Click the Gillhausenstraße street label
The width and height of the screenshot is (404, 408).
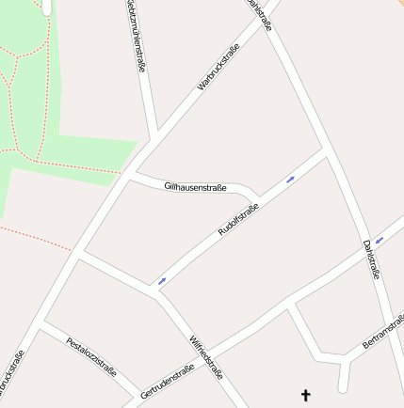pyautogui.click(x=195, y=188)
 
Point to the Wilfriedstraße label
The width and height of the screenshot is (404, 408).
pyautogui.click(x=206, y=356)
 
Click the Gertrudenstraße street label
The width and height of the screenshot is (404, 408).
pyautogui.click(x=167, y=382)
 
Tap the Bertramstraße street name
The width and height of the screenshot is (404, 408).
pyautogui.click(x=383, y=333)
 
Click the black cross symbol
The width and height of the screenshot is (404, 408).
pyautogui.click(x=305, y=396)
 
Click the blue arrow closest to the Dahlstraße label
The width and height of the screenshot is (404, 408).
pyautogui.click(x=379, y=240)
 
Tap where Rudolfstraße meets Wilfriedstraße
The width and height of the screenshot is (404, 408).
pyautogui.click(x=154, y=288)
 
